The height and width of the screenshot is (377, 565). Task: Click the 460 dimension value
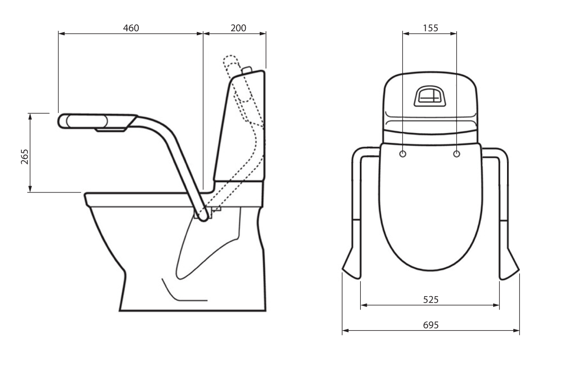pos(131,28)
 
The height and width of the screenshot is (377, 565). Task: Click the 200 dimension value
pos(238,28)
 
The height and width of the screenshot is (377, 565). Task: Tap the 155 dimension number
pos(430,28)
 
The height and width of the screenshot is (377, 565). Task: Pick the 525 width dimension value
pos(430,299)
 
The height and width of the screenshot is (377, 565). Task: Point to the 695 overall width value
pos(430,325)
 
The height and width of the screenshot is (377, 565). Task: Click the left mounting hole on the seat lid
pos(402,154)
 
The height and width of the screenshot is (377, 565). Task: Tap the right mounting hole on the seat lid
pos(456,154)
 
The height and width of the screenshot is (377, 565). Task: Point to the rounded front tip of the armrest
pos(62,121)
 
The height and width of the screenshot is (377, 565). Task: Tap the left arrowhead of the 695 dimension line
pos(344,330)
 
